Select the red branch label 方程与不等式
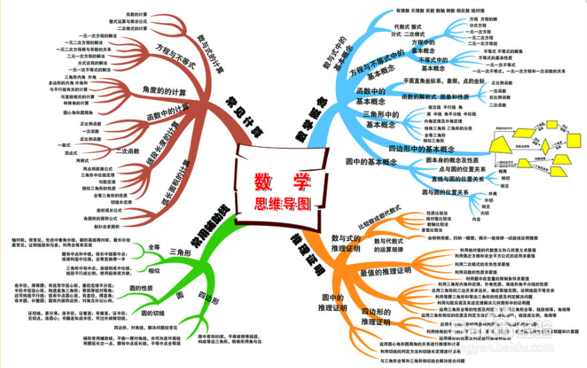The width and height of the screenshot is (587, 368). click(x=175, y=56)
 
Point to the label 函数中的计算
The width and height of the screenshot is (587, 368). click(x=168, y=111)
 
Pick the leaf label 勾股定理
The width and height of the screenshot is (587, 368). click(x=107, y=182)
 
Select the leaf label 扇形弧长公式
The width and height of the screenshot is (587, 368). click(x=108, y=210)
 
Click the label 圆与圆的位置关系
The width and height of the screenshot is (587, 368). click(x=445, y=193)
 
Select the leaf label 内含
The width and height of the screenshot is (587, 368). click(x=476, y=219)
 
